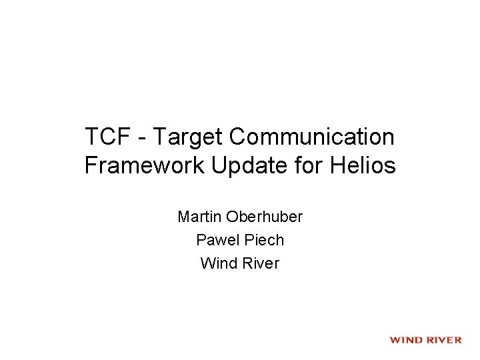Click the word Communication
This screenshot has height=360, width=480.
pos(311,137)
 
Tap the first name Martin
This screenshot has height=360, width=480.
pos(199,217)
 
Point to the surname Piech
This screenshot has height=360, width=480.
pos(261,240)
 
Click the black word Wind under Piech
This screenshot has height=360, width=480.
pos(217,263)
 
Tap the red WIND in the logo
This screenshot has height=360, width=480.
pos(406,340)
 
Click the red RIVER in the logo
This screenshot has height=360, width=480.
pos(443,340)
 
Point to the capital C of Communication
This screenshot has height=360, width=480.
pos(237,137)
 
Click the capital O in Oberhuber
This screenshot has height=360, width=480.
pos(233,217)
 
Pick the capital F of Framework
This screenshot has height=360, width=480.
pos(91,165)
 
